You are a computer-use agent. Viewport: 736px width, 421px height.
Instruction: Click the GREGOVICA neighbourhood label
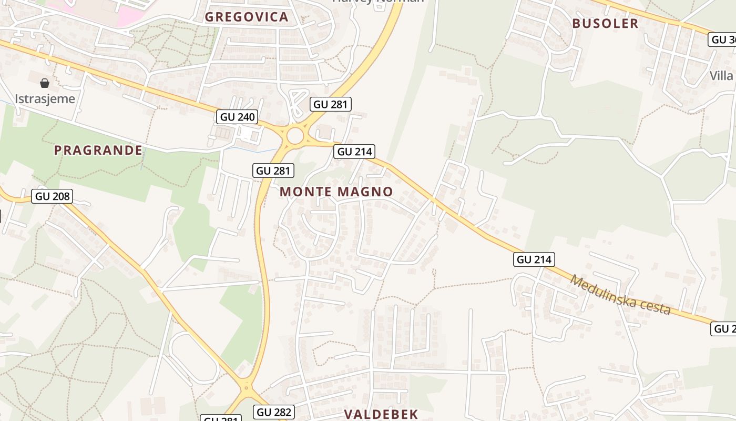click(247, 17)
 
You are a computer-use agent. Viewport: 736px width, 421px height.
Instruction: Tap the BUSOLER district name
click(605, 23)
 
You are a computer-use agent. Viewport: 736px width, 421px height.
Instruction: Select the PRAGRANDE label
click(98, 151)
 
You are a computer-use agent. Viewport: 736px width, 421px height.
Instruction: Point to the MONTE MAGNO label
click(336, 192)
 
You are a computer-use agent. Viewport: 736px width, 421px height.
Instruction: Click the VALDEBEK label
click(381, 414)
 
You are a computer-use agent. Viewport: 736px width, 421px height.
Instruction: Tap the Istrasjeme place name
click(45, 98)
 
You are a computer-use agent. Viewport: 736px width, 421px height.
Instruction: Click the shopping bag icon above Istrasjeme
click(45, 83)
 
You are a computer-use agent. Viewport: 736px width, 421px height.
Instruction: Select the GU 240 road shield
click(238, 117)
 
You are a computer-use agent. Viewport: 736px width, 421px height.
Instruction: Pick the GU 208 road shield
click(52, 197)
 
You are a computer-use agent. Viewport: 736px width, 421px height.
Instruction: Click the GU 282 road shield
click(273, 412)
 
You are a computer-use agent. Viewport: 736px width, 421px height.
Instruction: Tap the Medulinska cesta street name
click(620, 295)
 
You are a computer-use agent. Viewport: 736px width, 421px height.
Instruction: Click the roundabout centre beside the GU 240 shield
click(295, 136)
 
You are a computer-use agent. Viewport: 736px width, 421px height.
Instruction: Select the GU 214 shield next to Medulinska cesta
click(534, 259)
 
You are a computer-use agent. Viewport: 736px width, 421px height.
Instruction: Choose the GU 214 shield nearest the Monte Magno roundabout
click(355, 152)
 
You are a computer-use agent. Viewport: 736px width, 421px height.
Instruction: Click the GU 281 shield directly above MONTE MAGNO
click(273, 171)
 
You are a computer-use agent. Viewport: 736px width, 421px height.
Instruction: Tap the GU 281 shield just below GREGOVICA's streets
click(330, 104)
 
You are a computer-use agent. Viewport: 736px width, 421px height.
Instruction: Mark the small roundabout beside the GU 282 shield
click(246, 389)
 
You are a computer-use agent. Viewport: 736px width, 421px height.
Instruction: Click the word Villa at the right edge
click(721, 76)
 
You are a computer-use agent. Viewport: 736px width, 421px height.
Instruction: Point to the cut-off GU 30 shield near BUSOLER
click(722, 39)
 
